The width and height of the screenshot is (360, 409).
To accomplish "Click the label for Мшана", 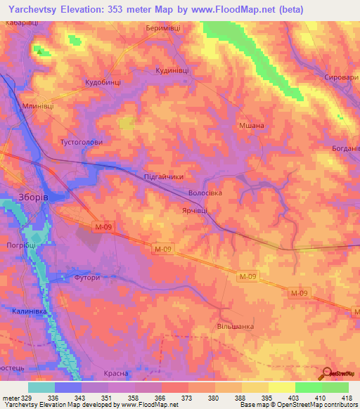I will tap(251, 124).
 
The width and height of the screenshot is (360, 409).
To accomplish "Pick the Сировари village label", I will tap(340, 78).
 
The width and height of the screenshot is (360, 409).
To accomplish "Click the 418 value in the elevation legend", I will tap(348, 398).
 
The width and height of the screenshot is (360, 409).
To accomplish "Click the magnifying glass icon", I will tap(327, 374).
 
